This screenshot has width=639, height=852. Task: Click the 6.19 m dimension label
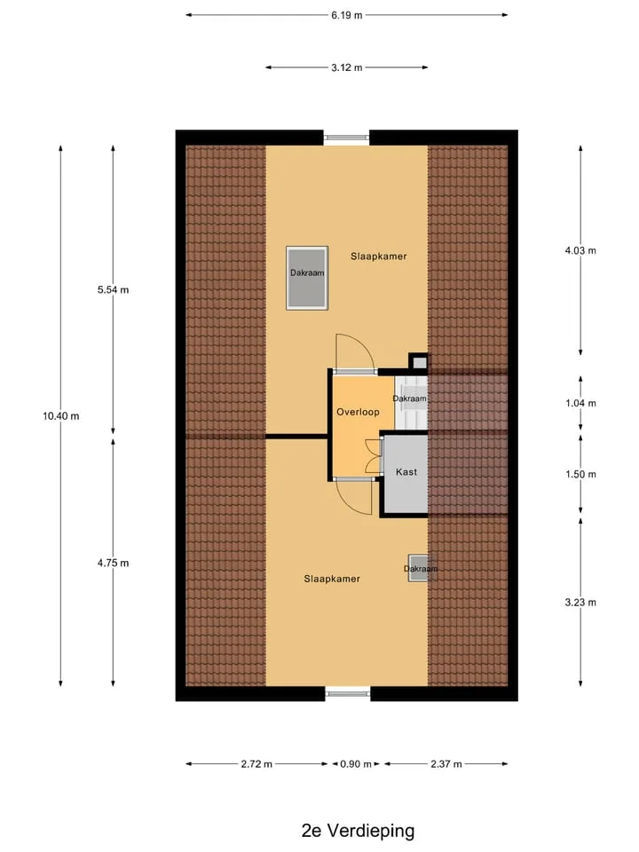click(347, 15)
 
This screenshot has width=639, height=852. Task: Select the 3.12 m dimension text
click(347, 68)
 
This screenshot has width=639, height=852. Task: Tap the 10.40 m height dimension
click(61, 416)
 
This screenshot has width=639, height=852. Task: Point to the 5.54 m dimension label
click(113, 290)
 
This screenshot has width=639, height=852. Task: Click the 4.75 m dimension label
click(113, 563)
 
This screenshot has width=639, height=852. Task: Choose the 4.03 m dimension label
click(580, 250)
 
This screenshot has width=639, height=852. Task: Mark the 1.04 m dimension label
click(580, 403)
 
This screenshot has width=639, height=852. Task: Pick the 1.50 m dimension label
click(580, 474)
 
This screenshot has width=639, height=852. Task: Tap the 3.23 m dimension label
click(580, 602)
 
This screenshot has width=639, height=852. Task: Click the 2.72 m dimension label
click(256, 764)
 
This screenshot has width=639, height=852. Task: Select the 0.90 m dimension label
click(356, 764)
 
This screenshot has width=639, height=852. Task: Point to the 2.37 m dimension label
click(446, 764)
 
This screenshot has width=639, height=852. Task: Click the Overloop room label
click(358, 412)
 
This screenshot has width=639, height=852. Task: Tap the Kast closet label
click(406, 472)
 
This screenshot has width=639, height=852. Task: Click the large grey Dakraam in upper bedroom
click(307, 278)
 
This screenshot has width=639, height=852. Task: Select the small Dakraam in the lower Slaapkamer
click(419, 568)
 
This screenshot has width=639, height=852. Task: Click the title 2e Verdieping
click(358, 831)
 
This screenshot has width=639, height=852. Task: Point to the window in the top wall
click(347, 138)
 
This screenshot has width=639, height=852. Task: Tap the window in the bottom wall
click(348, 693)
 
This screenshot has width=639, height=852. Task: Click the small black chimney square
click(418, 361)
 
